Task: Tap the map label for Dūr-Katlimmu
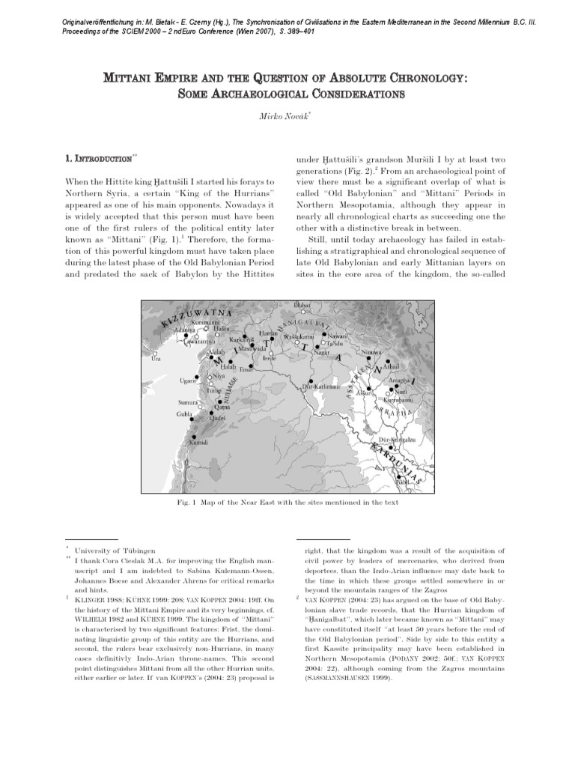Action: coord(322,386)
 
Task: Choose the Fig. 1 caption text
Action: coord(287,503)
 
